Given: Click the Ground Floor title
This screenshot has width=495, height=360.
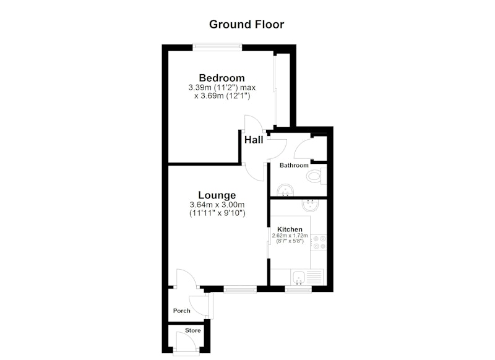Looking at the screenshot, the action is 246,24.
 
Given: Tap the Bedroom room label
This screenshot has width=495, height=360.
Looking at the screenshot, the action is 222,77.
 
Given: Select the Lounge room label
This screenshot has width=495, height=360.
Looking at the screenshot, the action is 217,195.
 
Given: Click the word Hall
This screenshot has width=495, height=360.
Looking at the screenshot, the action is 254,140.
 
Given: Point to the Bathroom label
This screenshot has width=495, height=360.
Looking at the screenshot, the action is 294,165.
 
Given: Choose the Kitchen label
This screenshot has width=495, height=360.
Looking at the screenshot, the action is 290,229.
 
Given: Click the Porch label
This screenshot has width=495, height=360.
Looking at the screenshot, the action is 182,311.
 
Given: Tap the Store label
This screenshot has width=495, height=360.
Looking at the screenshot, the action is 193,330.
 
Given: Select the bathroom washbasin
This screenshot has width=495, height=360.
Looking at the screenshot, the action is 285,190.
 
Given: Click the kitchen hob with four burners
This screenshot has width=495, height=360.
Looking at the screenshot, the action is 318,242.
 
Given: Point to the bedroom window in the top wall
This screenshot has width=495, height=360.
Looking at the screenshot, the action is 218,47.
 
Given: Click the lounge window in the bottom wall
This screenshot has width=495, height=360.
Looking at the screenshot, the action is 240,289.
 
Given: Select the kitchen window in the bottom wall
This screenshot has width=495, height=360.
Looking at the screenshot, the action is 298,289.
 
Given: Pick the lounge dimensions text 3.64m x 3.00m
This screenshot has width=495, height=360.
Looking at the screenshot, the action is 217,205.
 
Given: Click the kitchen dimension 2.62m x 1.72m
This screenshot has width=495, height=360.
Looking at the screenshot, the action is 290,236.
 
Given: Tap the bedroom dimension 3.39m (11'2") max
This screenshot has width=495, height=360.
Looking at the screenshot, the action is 222,87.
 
